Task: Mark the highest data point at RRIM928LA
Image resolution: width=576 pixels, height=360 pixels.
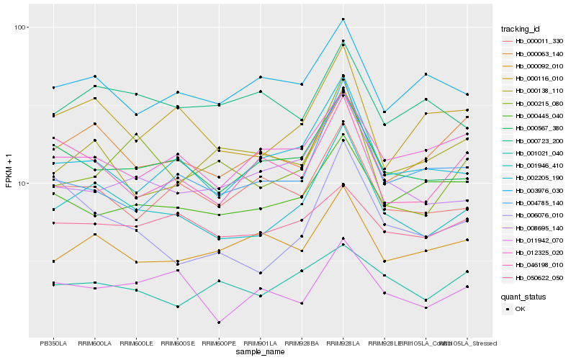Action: (343, 19)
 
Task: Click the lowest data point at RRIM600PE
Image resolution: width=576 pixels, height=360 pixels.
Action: (218, 323)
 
